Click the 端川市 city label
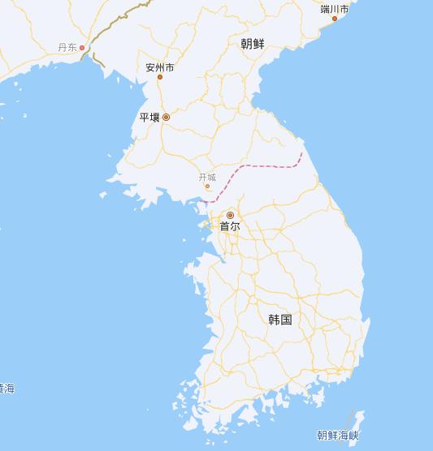[x=335, y=9]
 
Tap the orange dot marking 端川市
[x=334, y=19]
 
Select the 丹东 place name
[x=67, y=48]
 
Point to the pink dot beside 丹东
[x=81, y=48]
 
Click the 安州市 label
[x=160, y=67]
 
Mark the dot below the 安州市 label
[x=160, y=77]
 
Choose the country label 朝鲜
[x=253, y=44]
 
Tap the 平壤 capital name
[x=149, y=118]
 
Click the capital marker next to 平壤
[x=166, y=118]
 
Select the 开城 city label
[x=207, y=177]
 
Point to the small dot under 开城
[x=207, y=186]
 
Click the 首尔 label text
[x=230, y=227]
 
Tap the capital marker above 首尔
[x=230, y=215]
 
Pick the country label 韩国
[x=279, y=320]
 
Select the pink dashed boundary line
[x=268, y=165]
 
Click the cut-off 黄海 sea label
[x=6, y=389]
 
